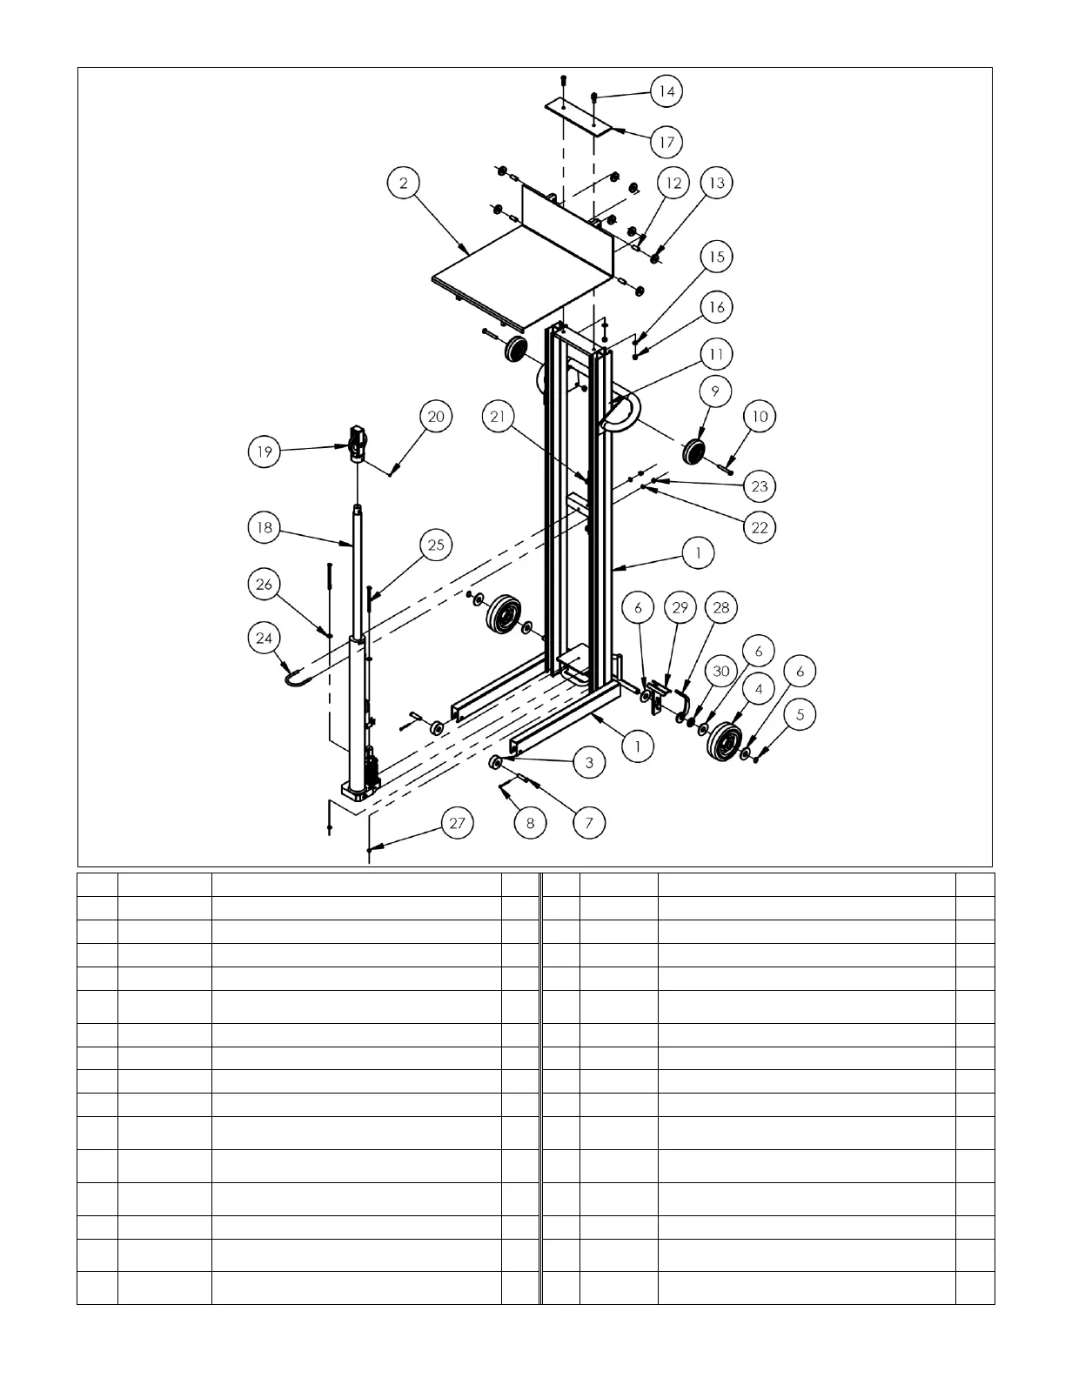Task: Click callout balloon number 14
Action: (666, 91)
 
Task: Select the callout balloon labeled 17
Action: (666, 141)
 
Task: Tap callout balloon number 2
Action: (404, 183)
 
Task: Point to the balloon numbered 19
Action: (265, 452)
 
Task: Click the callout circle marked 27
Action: (458, 824)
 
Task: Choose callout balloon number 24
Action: (265, 639)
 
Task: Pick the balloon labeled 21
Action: (498, 417)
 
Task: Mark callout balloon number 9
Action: (715, 392)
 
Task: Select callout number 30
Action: (720, 672)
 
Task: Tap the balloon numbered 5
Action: (800, 713)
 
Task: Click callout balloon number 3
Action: (588, 762)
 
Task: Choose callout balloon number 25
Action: (436, 545)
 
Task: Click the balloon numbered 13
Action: (716, 183)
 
